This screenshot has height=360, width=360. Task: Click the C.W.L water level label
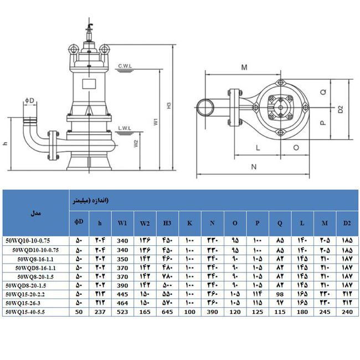click(125, 66)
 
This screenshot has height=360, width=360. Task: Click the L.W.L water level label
click(125, 128)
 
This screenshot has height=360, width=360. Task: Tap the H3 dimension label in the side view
click(169, 106)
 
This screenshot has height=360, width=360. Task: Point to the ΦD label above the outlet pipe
click(29, 100)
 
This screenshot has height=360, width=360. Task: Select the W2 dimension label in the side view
click(136, 144)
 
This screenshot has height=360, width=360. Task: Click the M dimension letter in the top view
click(244, 68)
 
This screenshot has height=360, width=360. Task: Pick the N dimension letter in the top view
click(254, 167)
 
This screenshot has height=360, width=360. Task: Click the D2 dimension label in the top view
click(341, 109)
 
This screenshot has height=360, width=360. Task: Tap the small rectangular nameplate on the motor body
click(89, 84)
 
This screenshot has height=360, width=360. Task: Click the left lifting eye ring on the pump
click(74, 49)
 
